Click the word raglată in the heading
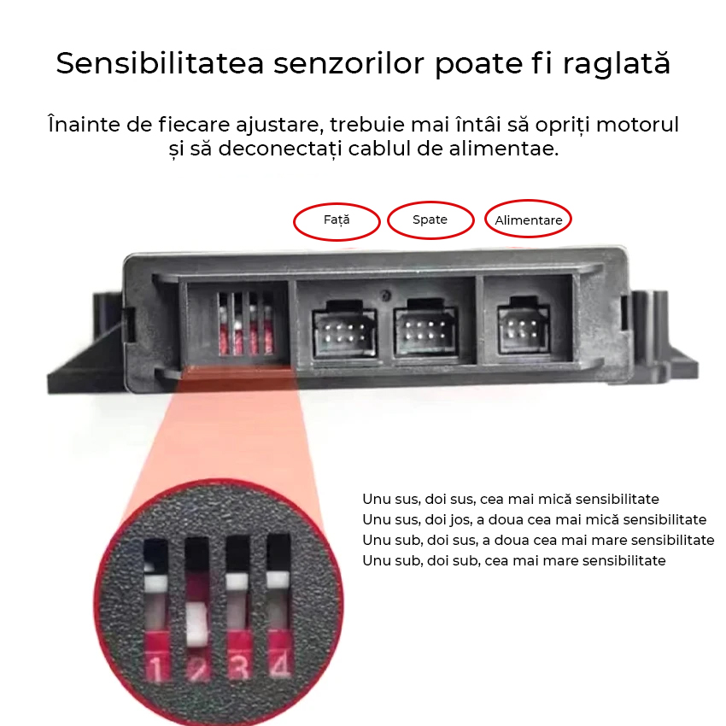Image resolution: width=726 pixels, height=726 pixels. (617, 64)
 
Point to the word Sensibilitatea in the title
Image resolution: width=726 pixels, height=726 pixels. (160, 63)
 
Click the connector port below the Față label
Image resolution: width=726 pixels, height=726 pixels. (344, 329)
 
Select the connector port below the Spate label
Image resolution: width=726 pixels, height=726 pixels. (425, 327)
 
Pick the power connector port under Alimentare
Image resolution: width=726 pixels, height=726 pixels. (524, 326)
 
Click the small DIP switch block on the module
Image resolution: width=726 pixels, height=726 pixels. (245, 323)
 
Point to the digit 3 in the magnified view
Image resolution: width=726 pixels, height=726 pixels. (239, 667)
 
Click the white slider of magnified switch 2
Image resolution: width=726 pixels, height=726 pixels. (197, 624)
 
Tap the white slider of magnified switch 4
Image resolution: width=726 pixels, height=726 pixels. (278, 578)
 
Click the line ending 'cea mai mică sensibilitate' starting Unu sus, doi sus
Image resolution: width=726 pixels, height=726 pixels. (510, 499)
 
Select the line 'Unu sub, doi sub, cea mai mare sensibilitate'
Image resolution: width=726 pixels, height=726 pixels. (514, 560)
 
